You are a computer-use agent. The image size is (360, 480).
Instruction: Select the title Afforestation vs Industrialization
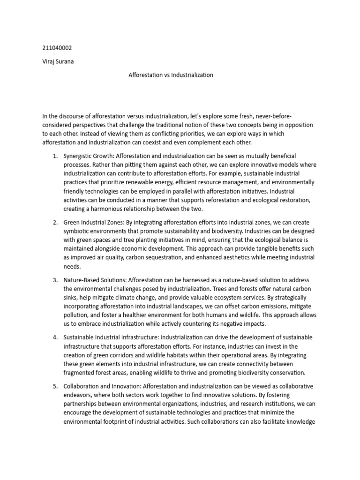(171, 75)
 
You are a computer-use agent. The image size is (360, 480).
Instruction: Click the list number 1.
(54, 156)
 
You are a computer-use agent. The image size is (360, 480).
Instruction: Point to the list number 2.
(54, 222)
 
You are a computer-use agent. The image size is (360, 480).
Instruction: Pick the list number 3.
(54, 280)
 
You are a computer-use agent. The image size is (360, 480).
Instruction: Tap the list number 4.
(54, 337)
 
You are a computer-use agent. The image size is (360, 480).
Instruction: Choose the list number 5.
(54, 386)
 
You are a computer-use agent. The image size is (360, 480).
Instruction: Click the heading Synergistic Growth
(89, 156)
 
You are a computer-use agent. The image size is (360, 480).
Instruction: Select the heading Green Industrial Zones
(93, 222)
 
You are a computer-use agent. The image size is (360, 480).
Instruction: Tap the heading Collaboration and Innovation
(101, 386)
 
